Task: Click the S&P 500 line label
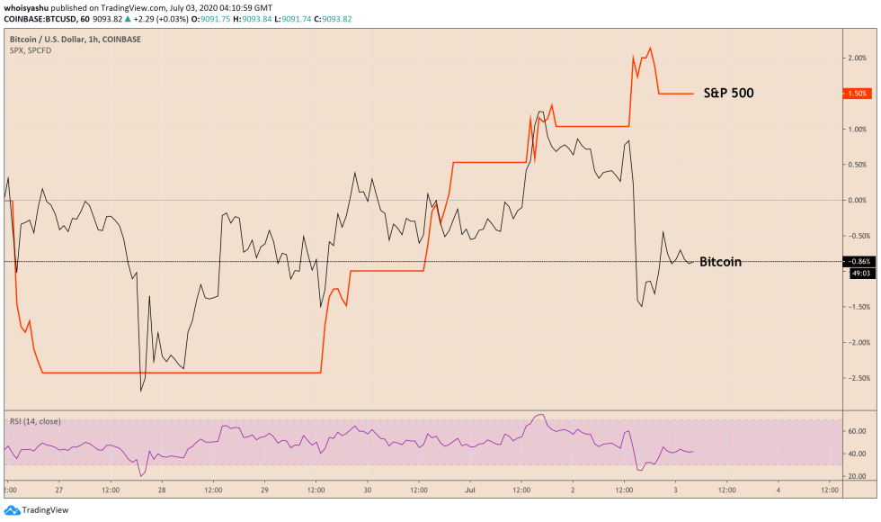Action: (x=729, y=92)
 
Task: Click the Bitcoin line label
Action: (x=720, y=262)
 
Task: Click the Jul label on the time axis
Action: (x=470, y=491)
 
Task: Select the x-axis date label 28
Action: (x=161, y=491)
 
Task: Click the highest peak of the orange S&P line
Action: (x=650, y=48)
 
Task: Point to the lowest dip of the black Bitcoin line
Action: (x=141, y=391)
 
